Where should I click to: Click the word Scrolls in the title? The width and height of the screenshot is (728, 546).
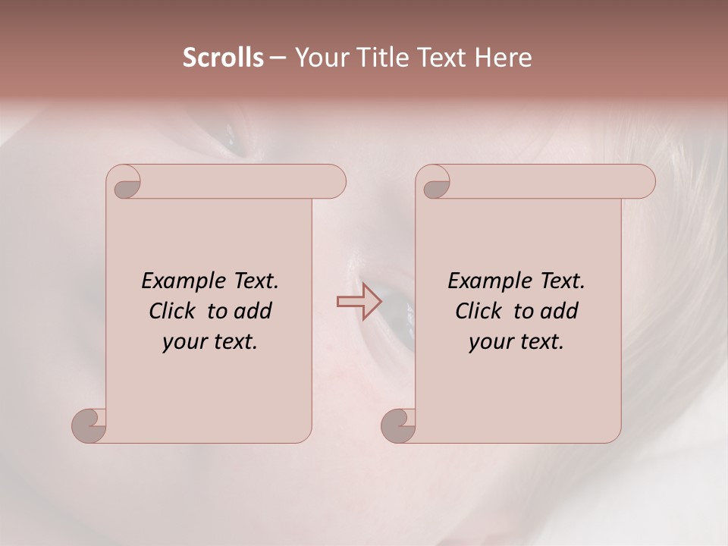click(x=223, y=58)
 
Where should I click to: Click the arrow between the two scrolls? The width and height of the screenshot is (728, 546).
click(x=359, y=301)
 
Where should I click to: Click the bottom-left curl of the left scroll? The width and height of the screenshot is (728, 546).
click(x=92, y=423)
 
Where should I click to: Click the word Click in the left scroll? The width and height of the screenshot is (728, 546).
click(x=174, y=311)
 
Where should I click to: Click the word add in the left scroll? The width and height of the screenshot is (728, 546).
click(x=254, y=311)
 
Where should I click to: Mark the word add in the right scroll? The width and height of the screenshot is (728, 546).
click(x=560, y=311)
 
